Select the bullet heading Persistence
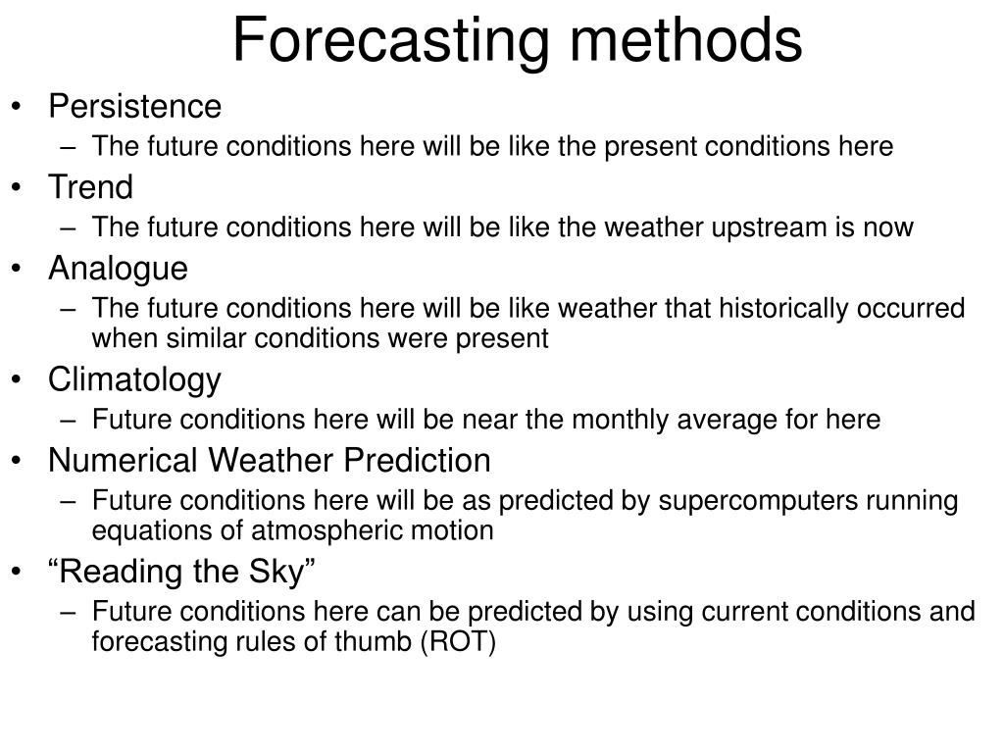point(135,106)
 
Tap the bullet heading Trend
point(90,186)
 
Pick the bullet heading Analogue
point(118,268)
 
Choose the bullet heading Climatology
point(135,379)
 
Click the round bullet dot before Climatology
point(23,380)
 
